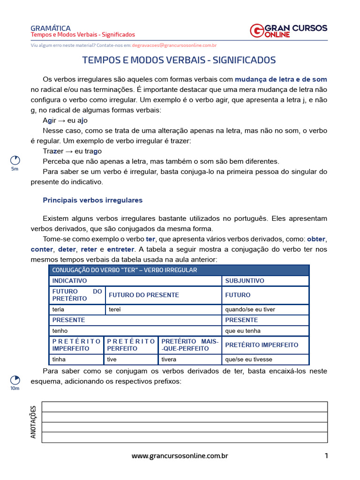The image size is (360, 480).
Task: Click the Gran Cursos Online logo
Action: click(x=288, y=30)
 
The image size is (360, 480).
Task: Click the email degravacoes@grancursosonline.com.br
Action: click(x=174, y=45)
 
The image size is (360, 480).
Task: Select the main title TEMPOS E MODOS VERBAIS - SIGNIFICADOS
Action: click(x=179, y=60)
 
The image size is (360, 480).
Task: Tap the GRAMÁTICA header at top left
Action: click(x=50, y=28)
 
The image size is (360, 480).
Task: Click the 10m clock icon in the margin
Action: click(x=15, y=380)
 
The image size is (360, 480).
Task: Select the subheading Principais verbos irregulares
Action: click(x=92, y=200)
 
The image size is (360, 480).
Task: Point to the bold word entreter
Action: click(x=120, y=249)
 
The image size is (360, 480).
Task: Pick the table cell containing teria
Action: click(x=77, y=309)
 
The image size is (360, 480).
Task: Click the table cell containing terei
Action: click(x=163, y=309)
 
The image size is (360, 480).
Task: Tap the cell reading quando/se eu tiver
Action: click(x=265, y=309)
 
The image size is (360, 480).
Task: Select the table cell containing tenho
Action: click(x=135, y=331)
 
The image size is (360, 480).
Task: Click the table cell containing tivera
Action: click(x=190, y=360)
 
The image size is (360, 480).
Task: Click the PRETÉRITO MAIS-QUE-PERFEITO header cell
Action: click(x=190, y=345)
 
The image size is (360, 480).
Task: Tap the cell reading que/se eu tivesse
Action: click(x=265, y=360)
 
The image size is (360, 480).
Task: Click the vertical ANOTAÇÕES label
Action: click(x=33, y=422)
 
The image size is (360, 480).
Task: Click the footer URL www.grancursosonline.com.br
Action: click(x=180, y=456)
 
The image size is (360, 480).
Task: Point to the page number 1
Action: click(x=326, y=456)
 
